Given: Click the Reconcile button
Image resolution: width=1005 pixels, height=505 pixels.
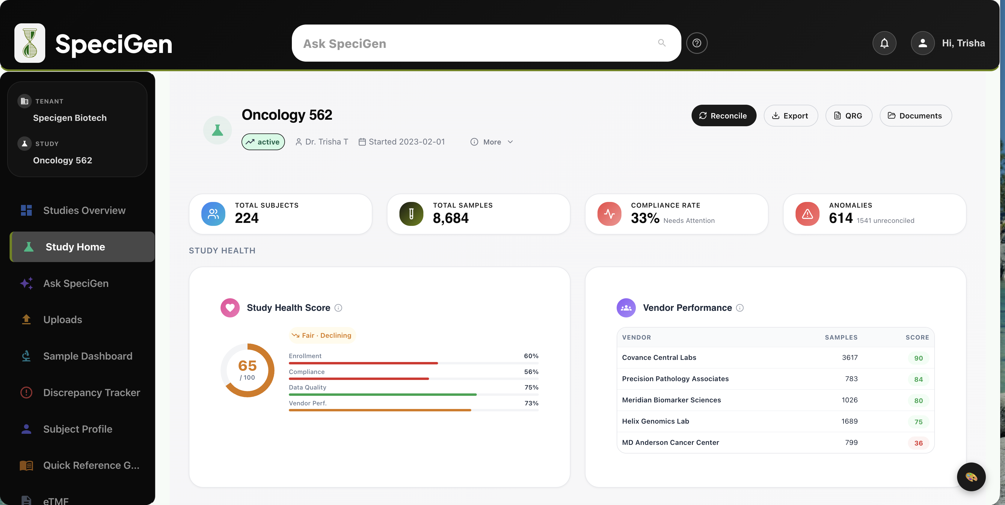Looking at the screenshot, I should point(723,116).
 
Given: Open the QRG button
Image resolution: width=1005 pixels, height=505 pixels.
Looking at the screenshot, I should point(849,116).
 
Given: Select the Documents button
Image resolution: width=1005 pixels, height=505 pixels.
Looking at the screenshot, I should point(915,116).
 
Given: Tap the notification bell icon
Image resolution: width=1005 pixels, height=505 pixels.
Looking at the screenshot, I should point(884,43).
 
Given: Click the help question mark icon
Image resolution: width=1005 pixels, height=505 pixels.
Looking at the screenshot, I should point(697,43).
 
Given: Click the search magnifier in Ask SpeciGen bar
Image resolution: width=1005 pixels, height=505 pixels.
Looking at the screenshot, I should point(662,43).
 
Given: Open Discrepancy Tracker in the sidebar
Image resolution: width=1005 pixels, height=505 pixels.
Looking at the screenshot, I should point(91,393).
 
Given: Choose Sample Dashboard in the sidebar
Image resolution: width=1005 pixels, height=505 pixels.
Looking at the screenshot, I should point(88,356).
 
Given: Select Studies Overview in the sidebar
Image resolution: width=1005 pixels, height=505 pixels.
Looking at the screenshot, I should point(84,210).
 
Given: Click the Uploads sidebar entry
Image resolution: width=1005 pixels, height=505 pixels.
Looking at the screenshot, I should point(62,320).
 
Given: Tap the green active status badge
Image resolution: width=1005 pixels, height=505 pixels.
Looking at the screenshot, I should point(263,142).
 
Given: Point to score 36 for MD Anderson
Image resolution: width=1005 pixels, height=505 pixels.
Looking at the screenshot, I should point(918,443).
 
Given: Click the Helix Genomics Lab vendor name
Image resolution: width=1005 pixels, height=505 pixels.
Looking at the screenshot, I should point(655,421).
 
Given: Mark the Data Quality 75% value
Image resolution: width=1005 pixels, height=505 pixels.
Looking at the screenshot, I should point(531,387).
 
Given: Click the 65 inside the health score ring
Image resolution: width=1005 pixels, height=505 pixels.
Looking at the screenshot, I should point(247,366).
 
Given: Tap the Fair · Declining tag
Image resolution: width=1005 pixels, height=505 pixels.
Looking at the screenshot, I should point(322,335).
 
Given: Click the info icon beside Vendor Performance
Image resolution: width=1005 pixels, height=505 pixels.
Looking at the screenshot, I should point(740,308).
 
